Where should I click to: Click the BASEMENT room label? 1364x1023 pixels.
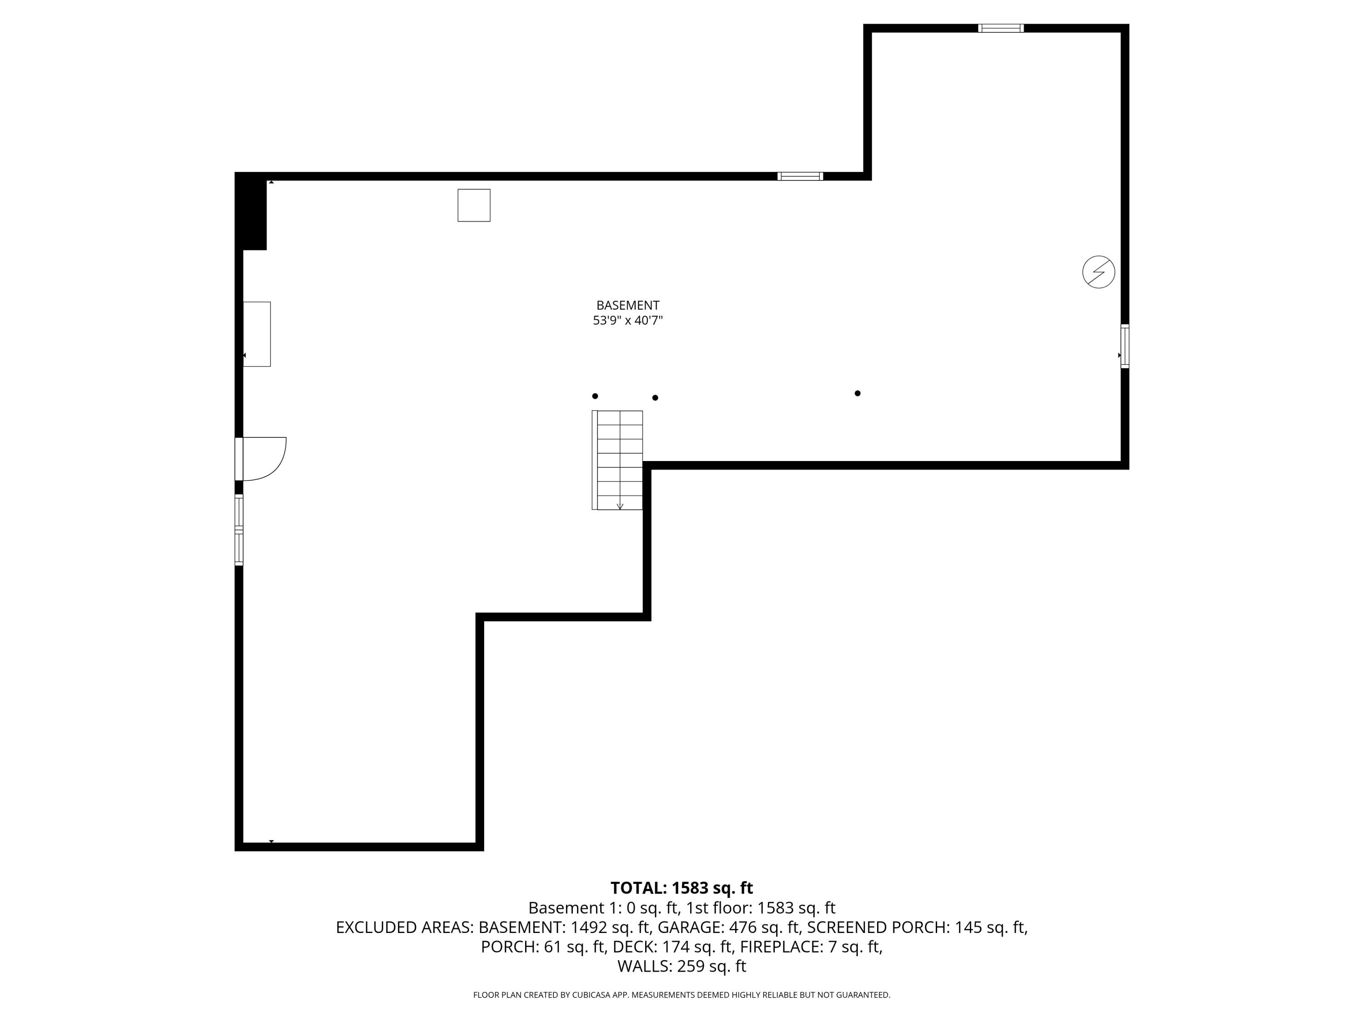pos(628,305)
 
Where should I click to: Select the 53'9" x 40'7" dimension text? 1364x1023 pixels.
pos(628,321)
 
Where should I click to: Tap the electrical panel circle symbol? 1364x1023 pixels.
pos(1098,271)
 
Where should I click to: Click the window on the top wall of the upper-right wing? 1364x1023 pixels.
pos(1000,28)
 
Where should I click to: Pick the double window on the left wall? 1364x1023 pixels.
pos(239,529)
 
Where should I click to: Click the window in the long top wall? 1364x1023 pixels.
pos(800,176)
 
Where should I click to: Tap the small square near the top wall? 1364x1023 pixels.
pos(474,206)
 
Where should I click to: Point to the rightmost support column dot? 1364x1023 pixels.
pos(857,393)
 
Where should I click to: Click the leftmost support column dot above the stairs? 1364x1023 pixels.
pos(595,396)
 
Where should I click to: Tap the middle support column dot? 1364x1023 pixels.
pos(655,398)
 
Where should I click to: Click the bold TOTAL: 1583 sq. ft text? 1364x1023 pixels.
pos(682,888)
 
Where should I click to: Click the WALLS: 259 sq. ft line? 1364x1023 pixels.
pos(682,966)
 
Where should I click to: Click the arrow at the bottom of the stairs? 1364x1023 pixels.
pos(620,506)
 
